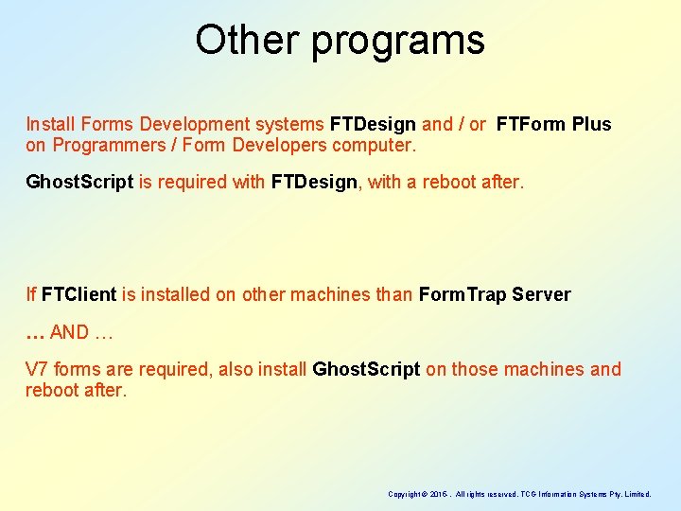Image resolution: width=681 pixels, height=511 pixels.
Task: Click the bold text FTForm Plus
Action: [x=553, y=124]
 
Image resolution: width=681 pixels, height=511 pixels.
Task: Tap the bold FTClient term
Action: [x=79, y=294]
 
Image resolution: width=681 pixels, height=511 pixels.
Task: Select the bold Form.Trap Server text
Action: [x=495, y=294]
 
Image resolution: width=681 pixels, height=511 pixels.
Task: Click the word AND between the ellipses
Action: [x=69, y=332]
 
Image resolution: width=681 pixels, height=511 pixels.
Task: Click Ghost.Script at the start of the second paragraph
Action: [x=79, y=182]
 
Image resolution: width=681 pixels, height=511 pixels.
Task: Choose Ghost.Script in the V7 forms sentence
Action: [x=366, y=369]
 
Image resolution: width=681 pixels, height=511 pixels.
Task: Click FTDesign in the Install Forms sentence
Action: [x=373, y=124]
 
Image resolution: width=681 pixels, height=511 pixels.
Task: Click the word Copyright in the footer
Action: [x=404, y=494]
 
